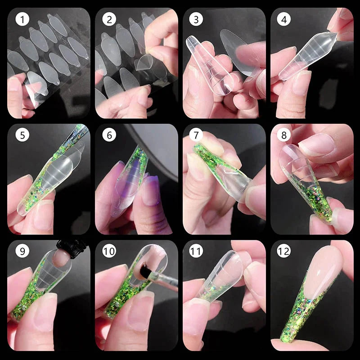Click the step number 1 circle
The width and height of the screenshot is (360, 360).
(x=21, y=20)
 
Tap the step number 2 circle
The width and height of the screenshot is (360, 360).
(x=108, y=20)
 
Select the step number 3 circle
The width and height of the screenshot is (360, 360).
(x=196, y=20)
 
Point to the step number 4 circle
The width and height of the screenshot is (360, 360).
(x=283, y=20)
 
